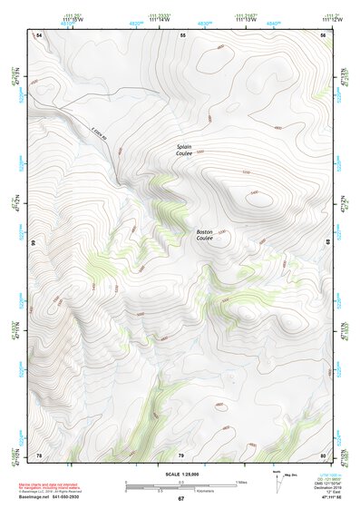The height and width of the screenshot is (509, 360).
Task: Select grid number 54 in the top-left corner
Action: click(x=39, y=34)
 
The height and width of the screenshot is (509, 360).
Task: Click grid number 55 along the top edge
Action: click(x=182, y=34)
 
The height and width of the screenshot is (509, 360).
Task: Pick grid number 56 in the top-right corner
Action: click(x=323, y=34)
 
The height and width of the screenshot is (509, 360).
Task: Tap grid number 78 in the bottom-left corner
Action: click(x=39, y=455)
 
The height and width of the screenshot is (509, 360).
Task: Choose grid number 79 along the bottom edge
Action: click(x=181, y=455)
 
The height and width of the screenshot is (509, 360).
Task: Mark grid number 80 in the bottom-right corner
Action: click(x=323, y=455)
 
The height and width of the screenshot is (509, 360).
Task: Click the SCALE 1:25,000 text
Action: click(x=180, y=475)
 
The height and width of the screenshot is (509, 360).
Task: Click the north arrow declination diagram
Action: click(x=275, y=481)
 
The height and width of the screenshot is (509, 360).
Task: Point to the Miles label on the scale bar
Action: click(x=240, y=481)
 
